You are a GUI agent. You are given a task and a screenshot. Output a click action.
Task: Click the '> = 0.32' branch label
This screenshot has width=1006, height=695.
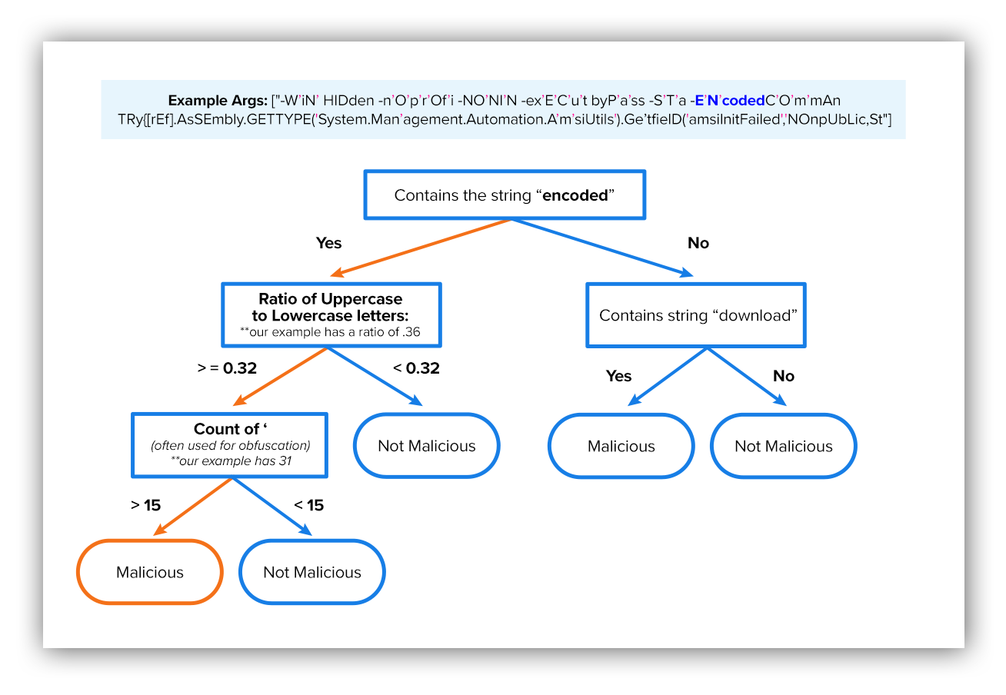point(227,368)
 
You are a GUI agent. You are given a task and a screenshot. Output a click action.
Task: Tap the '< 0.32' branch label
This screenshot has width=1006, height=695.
point(416,368)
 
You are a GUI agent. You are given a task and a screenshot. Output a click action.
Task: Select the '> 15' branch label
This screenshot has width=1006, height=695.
point(145,505)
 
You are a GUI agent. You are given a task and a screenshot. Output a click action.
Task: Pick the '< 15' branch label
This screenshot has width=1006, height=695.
point(309,505)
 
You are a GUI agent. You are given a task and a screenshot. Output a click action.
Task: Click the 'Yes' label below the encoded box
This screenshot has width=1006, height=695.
point(328,243)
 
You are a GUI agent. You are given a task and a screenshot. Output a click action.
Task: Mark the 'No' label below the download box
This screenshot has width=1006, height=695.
point(784,376)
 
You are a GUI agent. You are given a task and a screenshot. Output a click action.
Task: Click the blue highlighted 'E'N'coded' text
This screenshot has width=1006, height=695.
point(730,100)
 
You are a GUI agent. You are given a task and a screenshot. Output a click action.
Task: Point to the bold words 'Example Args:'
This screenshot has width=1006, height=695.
point(218,101)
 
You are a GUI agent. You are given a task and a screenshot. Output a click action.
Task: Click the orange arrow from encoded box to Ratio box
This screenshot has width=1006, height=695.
point(421,248)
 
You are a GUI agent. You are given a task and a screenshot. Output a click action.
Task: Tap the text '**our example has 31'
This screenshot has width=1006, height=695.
point(231,461)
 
